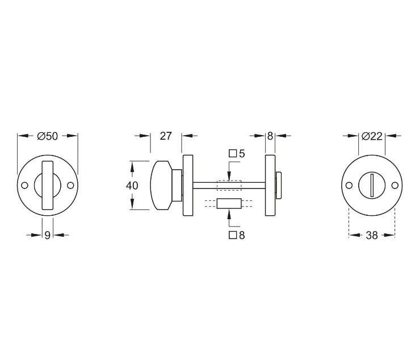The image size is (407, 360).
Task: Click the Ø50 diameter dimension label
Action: pos(48,136)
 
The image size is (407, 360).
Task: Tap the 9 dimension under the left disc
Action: pos(48,235)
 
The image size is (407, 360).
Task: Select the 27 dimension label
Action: pos(166,136)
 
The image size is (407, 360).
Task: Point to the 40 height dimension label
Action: pos(132,186)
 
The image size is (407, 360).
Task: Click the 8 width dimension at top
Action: pos(270,136)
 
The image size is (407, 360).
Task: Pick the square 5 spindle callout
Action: pos(237,154)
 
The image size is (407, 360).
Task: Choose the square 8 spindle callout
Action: pos(237,235)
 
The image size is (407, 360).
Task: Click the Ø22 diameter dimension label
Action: pos(372,136)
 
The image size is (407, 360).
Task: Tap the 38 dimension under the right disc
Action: pos(372,235)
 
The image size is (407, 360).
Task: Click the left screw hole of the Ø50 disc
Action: pos(25,185)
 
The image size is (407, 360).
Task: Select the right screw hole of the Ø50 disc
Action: pos(71,185)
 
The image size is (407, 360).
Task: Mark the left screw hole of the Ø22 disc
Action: pos(349,185)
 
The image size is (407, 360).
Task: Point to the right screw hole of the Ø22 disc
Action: pos(395,185)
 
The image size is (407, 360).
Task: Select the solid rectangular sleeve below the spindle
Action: pos(229,204)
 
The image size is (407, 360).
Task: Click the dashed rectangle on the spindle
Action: pos(229,185)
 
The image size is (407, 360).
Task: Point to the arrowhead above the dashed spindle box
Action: pos(229,177)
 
